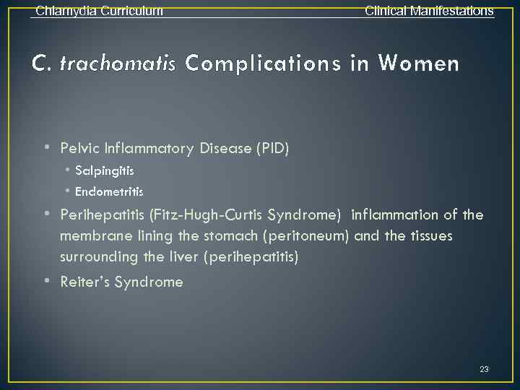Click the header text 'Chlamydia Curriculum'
pos(99,11)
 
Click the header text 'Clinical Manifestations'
pos(429,11)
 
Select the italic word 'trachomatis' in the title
pos(118,64)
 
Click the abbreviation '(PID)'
pos(272,149)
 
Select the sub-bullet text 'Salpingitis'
pos(104,171)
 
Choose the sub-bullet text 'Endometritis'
pos(109,192)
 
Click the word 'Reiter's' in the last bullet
pos(85,282)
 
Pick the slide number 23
pos(484,369)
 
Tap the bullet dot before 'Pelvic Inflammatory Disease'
pos(46,148)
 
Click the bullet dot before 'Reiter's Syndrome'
pos(46,281)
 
